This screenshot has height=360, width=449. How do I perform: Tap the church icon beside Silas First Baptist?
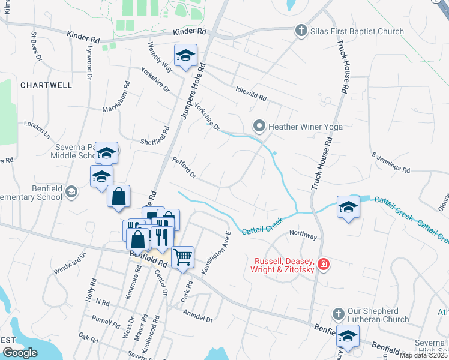[301, 30]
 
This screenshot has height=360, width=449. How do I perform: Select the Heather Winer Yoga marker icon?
[259, 126]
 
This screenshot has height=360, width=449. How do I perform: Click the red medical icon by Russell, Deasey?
[323, 264]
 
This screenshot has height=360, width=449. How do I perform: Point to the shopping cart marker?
[183, 257]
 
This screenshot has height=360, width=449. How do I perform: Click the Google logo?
[20, 353]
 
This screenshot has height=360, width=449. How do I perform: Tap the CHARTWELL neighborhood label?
[46, 85]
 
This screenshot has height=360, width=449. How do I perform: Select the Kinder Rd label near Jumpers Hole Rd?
[189, 31]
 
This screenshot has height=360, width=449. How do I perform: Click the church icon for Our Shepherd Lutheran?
[337, 314]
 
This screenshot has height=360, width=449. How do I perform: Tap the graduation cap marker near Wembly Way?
[185, 55]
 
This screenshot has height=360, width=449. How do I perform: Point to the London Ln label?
[37, 127]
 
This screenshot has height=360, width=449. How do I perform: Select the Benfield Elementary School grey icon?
[71, 192]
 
